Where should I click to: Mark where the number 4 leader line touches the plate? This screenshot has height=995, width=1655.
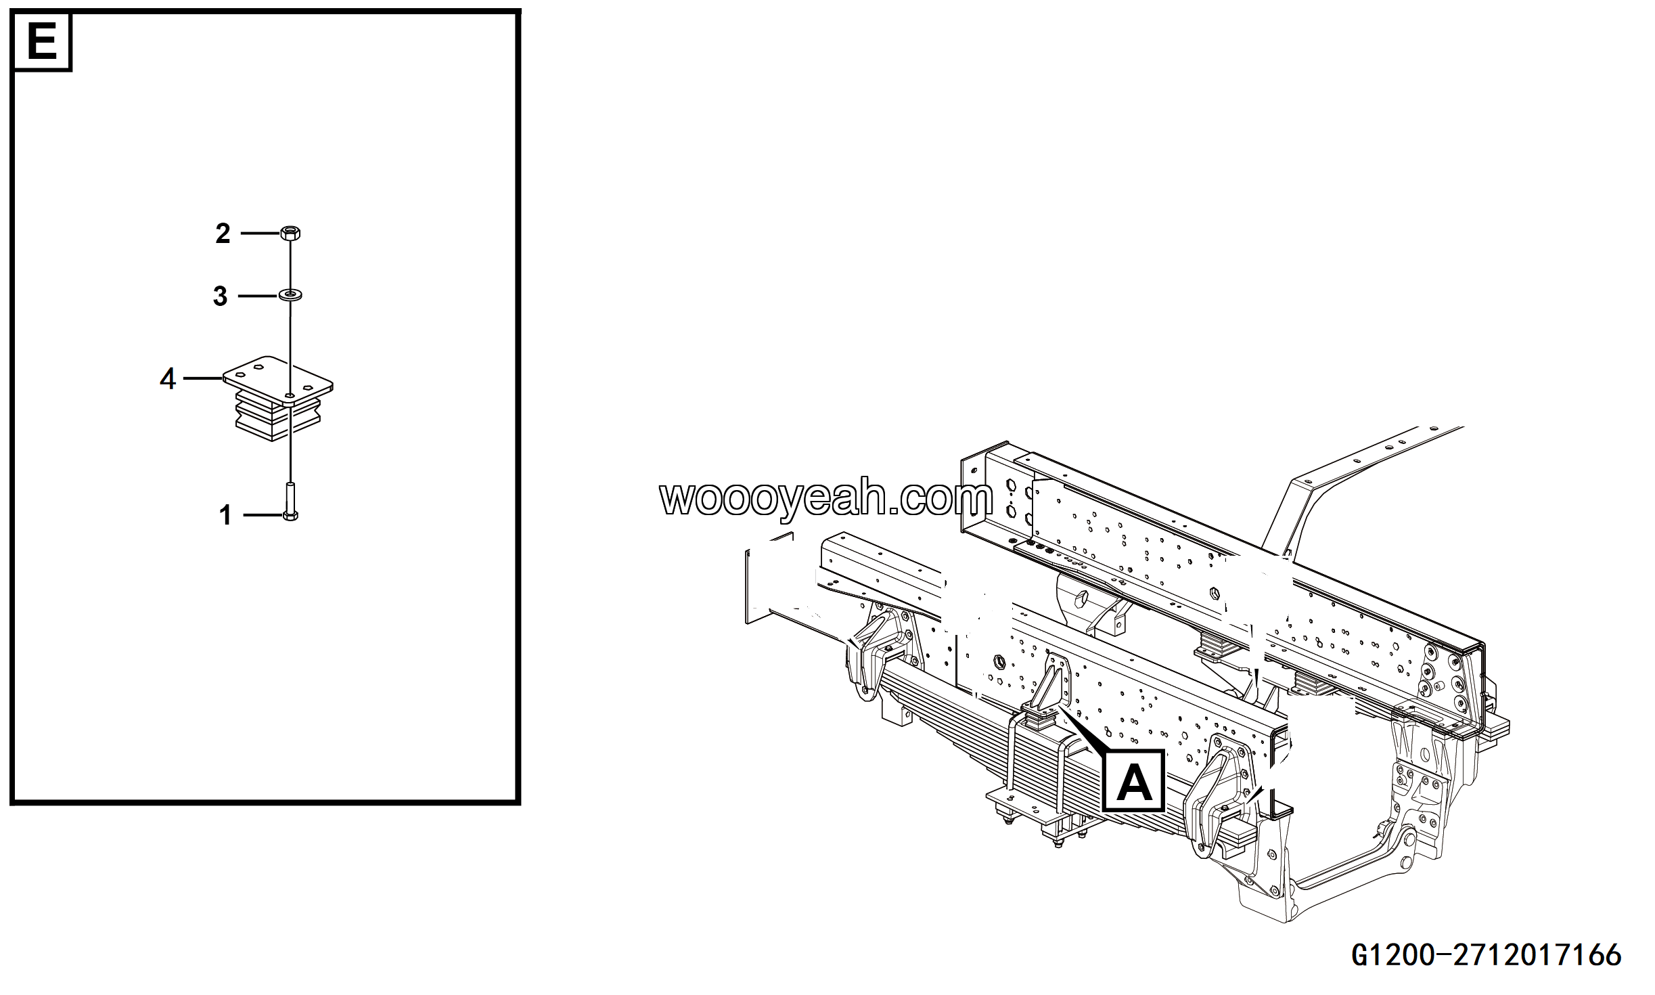pos(224,378)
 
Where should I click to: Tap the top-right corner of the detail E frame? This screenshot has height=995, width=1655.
pos(518,12)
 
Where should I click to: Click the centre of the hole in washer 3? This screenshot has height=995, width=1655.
pos(290,294)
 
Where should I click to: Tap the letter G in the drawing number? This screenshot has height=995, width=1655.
pos(1362,955)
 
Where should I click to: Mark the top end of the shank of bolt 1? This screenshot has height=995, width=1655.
pos(290,483)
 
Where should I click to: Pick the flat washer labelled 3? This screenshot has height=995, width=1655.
pos(290,294)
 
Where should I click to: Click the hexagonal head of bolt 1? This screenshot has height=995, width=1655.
pos(290,516)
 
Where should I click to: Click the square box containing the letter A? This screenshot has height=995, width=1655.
pos(1134,780)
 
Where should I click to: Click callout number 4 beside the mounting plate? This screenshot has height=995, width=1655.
pos(168,378)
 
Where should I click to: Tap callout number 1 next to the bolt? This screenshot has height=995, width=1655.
pos(225,516)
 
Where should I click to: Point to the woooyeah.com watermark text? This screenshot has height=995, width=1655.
pos(826,500)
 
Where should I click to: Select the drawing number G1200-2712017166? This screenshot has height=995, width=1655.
pos(1487,955)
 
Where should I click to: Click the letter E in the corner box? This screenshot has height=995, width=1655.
pos(42,41)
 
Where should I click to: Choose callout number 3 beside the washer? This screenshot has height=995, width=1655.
pos(220,296)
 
